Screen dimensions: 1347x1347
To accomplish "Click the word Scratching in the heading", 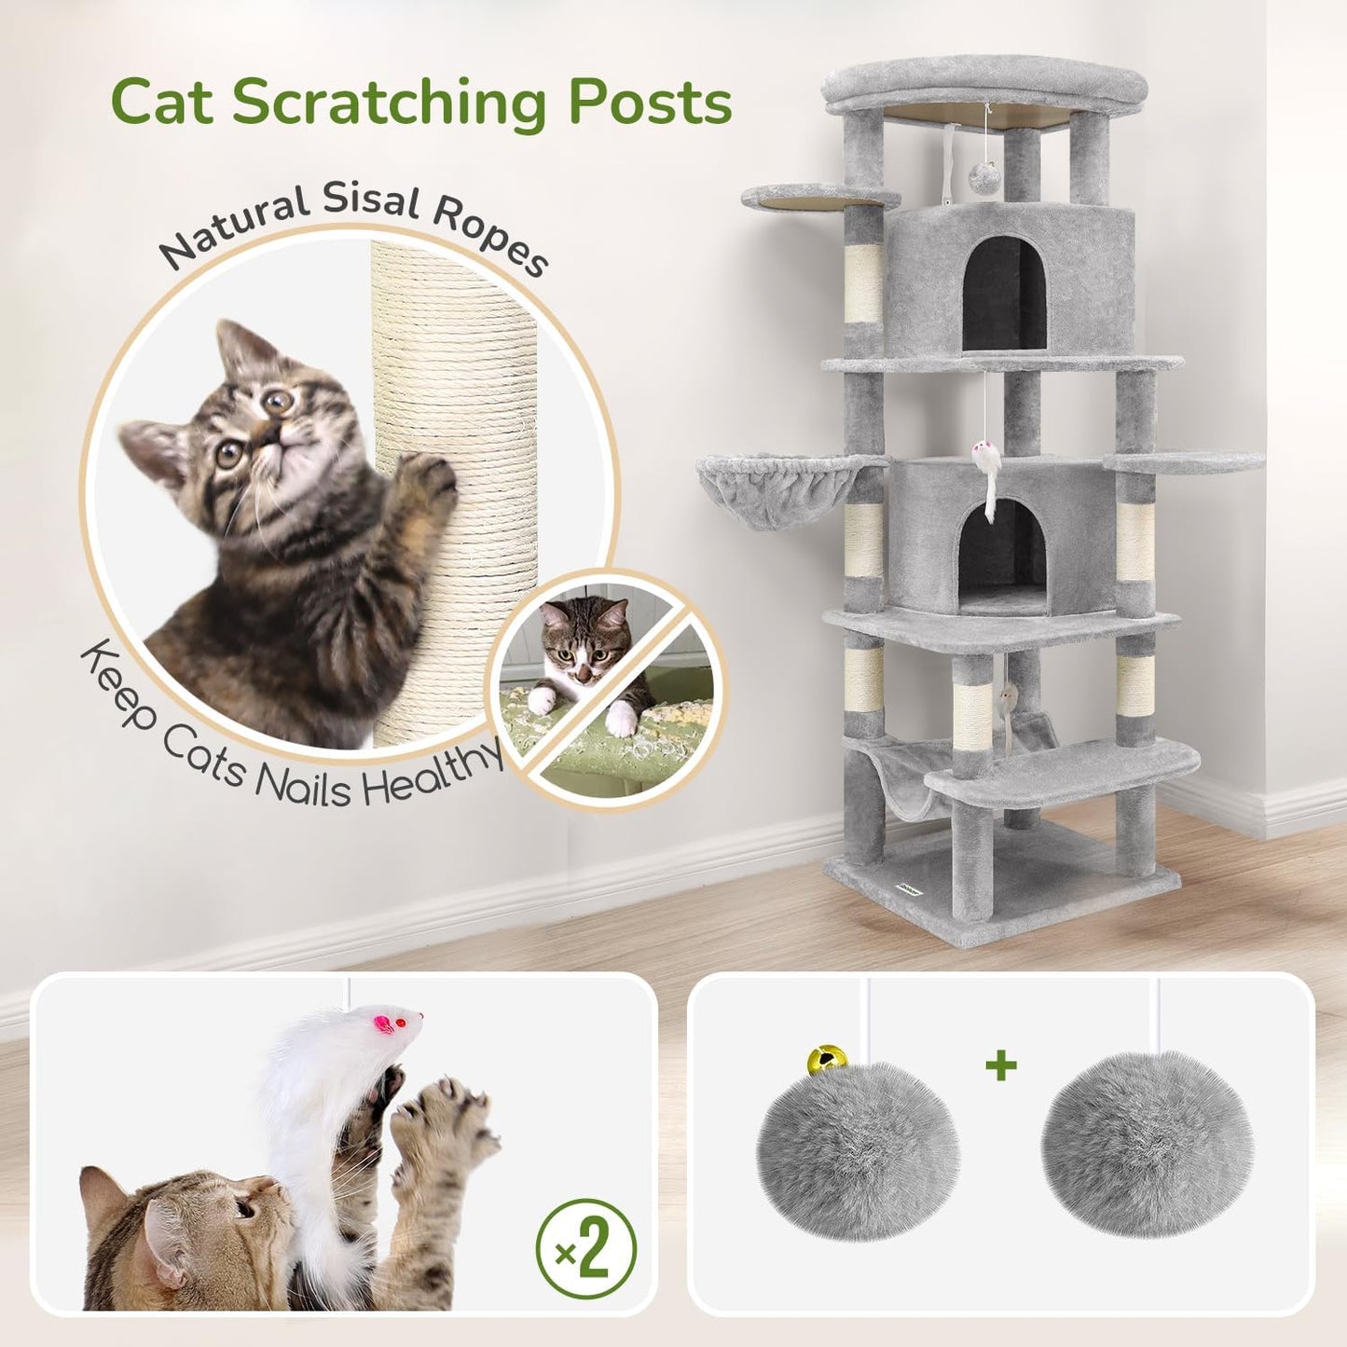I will click(390, 103).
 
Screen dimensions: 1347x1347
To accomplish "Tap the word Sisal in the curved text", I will click(372, 200).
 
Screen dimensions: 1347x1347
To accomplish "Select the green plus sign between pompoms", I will click(1001, 1065).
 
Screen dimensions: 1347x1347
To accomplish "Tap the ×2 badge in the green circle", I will click(585, 1250).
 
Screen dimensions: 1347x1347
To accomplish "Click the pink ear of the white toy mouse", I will click(383, 1024).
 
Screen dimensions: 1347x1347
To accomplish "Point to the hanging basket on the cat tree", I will click(776, 489).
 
